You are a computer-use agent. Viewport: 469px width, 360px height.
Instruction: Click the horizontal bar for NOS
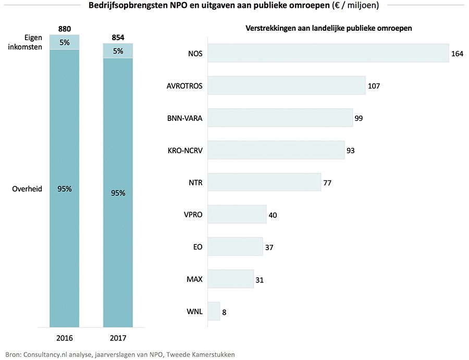[328, 53]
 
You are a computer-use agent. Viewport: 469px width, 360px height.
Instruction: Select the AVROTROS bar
[286, 85]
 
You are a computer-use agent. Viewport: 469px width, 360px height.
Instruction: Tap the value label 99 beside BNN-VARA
[359, 118]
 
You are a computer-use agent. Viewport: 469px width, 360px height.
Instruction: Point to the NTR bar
[264, 182]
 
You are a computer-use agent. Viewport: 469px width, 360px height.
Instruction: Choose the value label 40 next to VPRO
[273, 215]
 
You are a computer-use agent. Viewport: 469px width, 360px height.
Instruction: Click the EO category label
[197, 247]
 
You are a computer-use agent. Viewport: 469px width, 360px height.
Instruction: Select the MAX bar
[230, 279]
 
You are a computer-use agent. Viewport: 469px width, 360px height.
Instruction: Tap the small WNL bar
[214, 312]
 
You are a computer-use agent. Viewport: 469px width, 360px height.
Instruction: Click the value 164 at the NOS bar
[457, 54]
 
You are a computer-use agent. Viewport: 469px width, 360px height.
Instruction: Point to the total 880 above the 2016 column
[65, 29]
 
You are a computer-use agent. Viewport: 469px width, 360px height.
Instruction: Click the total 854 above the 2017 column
[118, 38]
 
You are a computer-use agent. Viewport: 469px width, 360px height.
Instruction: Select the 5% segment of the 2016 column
[65, 42]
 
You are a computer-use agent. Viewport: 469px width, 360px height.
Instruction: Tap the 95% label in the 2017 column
[118, 193]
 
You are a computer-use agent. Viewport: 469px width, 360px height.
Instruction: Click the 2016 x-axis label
[65, 337]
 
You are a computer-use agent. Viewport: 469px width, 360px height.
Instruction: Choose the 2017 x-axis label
[118, 337]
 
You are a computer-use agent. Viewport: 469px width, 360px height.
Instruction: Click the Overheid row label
[27, 189]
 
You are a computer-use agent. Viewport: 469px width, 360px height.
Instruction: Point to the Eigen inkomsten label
[27, 42]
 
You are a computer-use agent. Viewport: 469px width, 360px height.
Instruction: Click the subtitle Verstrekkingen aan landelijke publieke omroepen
[329, 29]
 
